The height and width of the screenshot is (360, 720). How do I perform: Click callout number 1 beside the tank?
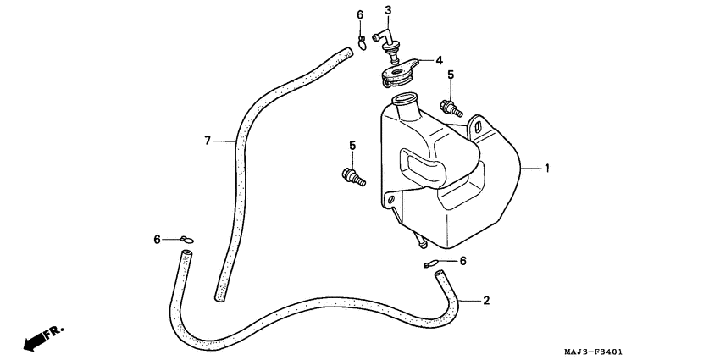coord(547,169)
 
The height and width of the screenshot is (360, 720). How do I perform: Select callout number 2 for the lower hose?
coord(486,300)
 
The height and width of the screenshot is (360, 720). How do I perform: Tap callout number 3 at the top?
coord(388,11)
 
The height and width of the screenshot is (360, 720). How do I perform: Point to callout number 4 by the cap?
coord(439,60)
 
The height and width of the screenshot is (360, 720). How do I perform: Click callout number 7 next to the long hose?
coord(207,140)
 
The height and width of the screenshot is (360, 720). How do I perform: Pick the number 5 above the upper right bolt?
coord(450,75)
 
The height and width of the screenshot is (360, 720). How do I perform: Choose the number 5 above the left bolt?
coord(352,147)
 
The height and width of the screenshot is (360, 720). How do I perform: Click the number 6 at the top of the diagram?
coord(359,15)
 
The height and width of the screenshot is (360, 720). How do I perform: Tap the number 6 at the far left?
coord(157,241)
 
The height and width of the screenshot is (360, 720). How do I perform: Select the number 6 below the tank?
coord(462,261)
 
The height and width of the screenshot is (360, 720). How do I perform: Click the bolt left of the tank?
coord(352,177)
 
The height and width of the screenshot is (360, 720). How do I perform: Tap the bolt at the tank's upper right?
coord(449,108)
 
